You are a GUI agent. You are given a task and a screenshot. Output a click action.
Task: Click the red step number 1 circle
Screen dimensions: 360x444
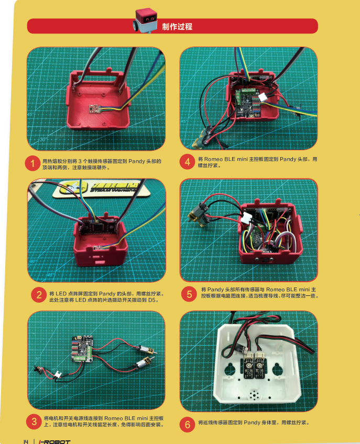coord(32,163)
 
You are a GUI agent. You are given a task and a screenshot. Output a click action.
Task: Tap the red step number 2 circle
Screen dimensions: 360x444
coord(39,295)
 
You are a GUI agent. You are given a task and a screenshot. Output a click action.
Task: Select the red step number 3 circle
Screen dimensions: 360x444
coord(34,421)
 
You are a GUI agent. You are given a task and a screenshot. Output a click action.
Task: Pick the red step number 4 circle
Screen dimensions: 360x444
coord(187,162)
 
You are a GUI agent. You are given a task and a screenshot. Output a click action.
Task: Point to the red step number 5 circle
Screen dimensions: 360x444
coord(189,294)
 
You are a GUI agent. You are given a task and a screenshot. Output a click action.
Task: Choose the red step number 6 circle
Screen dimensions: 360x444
coord(187,424)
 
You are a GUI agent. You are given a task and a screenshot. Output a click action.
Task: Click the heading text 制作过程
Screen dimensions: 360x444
coord(178,27)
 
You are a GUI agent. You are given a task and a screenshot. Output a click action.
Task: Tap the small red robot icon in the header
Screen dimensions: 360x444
coord(145,20)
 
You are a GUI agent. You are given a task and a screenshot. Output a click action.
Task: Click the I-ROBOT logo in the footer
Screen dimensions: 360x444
coord(54,441)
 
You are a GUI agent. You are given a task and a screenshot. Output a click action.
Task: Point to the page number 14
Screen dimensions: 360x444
coord(26,442)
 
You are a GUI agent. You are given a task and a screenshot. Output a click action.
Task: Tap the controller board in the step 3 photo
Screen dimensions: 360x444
coord(82,349)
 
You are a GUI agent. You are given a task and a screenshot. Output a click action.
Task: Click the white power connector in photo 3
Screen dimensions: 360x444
coord(58,375)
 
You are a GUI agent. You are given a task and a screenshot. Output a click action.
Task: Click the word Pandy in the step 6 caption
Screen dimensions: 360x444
coord(252,423)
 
